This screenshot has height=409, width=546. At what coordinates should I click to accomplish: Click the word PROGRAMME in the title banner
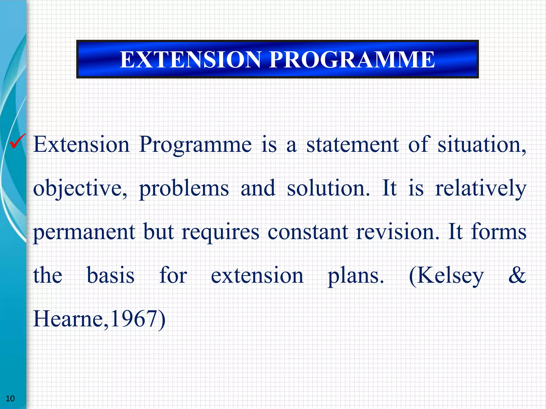352,60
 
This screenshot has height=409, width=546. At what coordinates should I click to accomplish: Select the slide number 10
10,399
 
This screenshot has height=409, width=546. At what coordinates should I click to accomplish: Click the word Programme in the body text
195,145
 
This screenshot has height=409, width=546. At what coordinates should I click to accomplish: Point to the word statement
352,145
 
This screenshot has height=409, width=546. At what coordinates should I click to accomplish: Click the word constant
308,232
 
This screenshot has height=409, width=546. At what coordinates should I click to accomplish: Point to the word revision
397,232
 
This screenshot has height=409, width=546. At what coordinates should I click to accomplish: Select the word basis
111,275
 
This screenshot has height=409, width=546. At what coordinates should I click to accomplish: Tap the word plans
356,276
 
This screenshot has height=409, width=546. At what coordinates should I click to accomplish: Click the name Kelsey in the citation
446,276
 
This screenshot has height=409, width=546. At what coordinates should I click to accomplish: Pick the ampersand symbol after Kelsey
517,275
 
